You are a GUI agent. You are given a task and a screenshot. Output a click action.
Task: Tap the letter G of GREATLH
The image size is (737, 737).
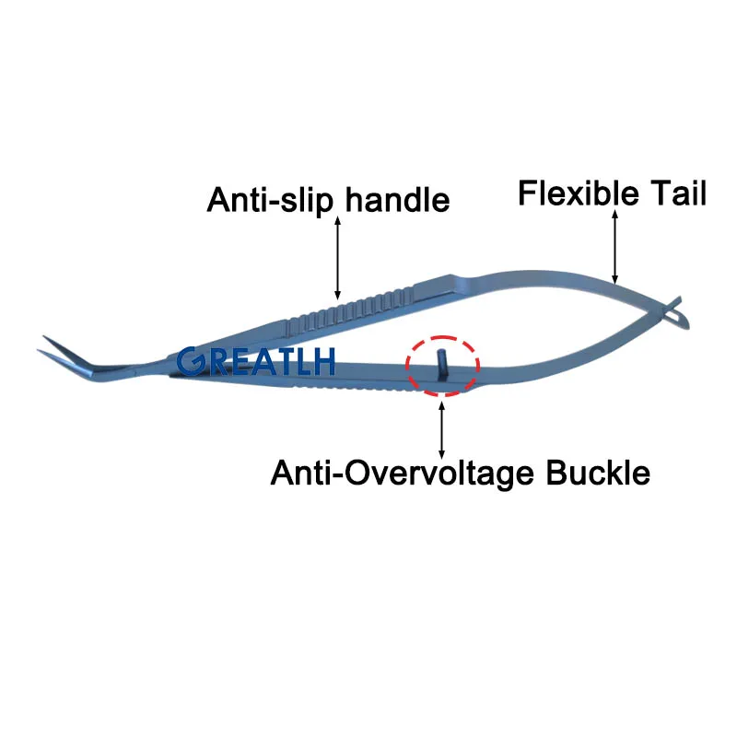point(191,362)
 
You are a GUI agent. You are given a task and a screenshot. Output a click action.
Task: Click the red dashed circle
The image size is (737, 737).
point(442,336)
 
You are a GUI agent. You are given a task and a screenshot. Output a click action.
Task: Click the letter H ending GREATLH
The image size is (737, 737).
point(323,362)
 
